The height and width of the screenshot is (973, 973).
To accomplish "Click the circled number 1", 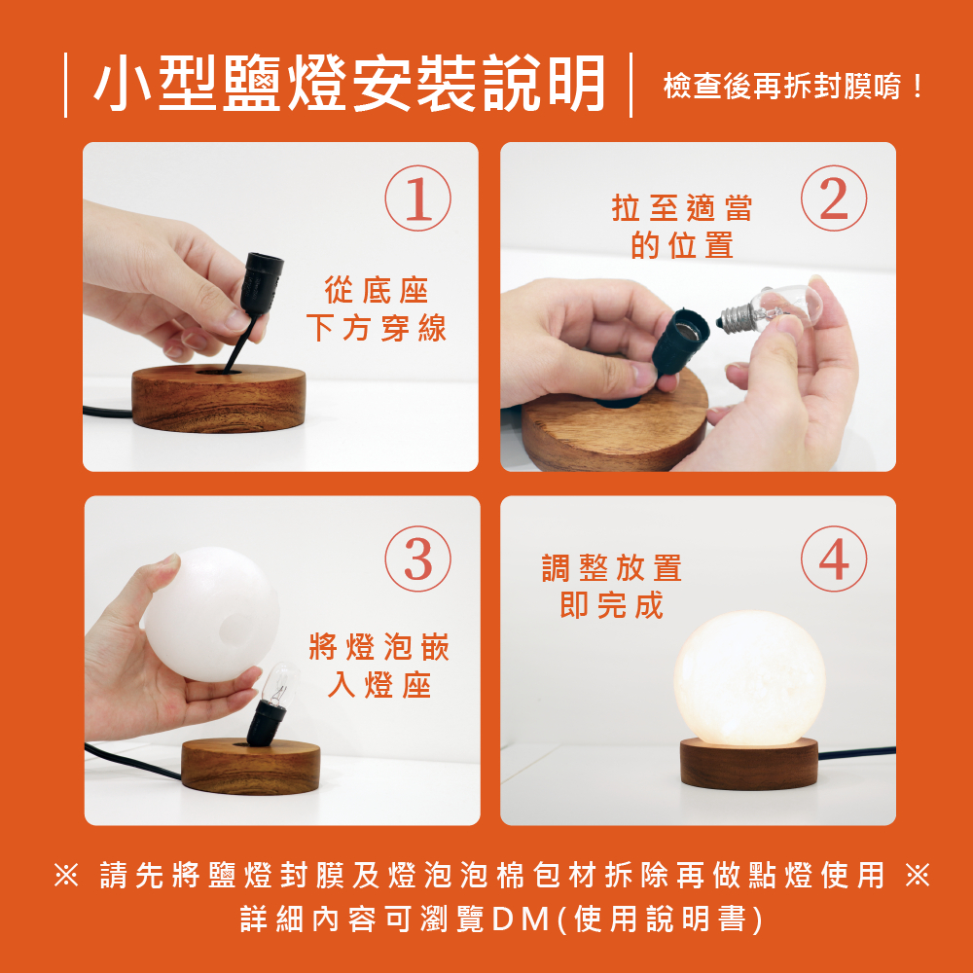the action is pos(417,198).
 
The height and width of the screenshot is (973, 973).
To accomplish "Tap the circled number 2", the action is pos(834,198).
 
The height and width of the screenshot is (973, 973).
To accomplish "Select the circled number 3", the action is pos(417,559).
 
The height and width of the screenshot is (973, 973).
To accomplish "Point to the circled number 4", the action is pos(834,559).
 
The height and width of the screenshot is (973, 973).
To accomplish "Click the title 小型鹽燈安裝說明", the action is pos(349,84).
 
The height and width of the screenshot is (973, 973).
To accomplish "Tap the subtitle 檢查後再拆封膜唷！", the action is pos(794,86).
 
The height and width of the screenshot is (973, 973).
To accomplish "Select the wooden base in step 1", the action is pos(219,398).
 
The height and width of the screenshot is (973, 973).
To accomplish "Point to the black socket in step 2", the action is pos(680,342).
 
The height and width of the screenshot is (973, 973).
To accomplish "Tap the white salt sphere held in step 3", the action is pos(211,614).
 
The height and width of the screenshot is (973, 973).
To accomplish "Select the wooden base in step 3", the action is pos(251,766).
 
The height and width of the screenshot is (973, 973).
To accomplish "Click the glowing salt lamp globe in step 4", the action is pos(749,678).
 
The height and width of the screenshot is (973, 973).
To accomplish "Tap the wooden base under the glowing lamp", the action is pos(749,764).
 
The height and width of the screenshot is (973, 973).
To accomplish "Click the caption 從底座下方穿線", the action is pos(376,309).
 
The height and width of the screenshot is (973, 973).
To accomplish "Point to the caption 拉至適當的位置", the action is pos(682,227).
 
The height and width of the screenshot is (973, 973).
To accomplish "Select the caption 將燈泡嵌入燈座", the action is pos(379,666).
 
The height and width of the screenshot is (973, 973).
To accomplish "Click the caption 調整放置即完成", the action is pos(612,587).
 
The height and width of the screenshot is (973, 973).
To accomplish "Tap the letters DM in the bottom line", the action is pos(521,919).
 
